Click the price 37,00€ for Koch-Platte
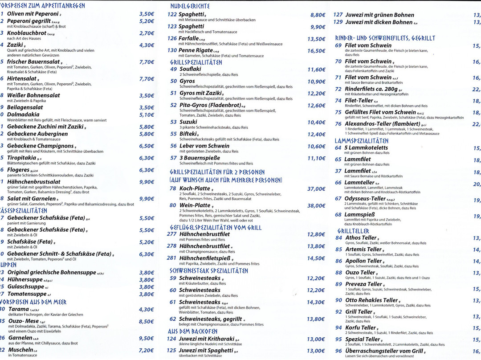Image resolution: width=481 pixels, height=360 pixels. [x=316, y=189]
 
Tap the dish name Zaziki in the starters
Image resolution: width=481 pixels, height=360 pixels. [x=15, y=45]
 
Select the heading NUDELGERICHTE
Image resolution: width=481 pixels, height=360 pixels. [x=190, y=6]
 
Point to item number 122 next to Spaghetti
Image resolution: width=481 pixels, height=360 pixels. [x=172, y=15]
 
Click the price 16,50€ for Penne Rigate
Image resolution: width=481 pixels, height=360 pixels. [x=316, y=51]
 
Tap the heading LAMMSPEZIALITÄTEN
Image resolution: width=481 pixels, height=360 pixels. [x=361, y=141]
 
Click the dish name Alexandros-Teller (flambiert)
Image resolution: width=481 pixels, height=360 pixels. [x=383, y=124]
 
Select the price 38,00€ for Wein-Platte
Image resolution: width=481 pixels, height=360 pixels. [x=316, y=206]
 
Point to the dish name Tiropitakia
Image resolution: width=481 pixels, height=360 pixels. [x=21, y=158]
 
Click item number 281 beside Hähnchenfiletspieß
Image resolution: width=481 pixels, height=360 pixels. [x=171, y=258]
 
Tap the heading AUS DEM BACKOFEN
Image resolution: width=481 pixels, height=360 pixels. [x=192, y=331]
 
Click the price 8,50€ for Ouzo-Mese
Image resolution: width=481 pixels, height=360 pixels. [x=147, y=321]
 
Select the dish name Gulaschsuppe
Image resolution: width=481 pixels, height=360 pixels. [x=25, y=287]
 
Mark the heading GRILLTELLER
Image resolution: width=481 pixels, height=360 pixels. [x=353, y=231]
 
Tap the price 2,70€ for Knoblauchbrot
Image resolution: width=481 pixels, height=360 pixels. [x=147, y=33]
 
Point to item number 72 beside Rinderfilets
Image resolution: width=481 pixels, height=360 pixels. [x=338, y=89]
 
